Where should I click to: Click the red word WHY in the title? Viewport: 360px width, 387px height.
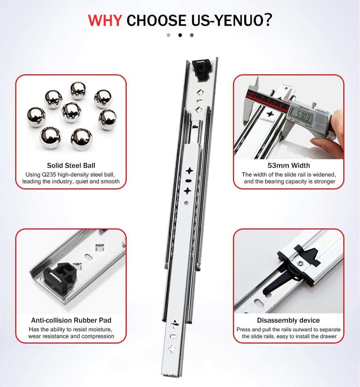(105, 20)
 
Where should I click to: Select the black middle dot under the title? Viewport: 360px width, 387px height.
(180, 35)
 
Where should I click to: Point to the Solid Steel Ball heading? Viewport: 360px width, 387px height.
(71, 166)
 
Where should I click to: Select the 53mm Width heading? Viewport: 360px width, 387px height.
(288, 166)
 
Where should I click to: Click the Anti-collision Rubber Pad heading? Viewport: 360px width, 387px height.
(71, 320)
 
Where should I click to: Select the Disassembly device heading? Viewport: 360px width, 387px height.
(288, 320)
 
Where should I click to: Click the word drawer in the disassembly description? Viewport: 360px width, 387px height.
(328, 336)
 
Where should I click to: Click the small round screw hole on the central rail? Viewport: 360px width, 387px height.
(186, 203)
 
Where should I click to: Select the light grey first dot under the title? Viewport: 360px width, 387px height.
(168, 35)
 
